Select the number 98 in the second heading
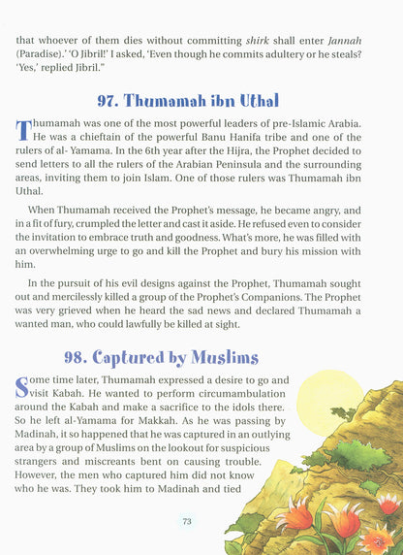click(108, 358)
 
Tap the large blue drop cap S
click(23, 388)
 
